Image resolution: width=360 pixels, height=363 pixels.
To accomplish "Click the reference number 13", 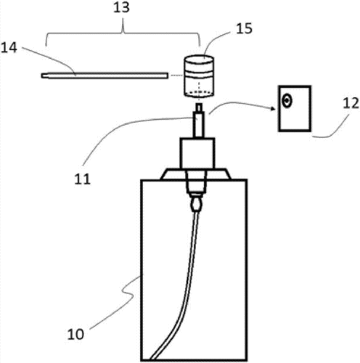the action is (122, 8).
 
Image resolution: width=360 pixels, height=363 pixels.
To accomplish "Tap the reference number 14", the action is (9, 48).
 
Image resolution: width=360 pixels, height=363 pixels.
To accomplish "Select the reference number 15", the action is (244, 28).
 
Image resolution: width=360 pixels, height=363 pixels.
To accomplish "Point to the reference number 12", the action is (351, 103).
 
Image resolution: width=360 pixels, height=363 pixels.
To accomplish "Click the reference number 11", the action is (82, 179).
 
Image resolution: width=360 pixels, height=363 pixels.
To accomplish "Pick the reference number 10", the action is (75, 335).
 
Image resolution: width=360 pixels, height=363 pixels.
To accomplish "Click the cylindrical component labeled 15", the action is (199, 76).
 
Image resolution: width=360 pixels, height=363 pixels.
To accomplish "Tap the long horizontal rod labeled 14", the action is (105, 76).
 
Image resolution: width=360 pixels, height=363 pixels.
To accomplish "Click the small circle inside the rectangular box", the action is (287, 101).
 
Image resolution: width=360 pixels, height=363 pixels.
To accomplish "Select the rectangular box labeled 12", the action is (295, 109).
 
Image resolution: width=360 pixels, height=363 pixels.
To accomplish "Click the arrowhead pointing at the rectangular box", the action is (273, 109).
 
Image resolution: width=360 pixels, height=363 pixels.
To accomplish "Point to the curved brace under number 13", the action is (123, 34).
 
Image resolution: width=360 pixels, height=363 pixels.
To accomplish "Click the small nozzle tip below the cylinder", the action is (199, 107).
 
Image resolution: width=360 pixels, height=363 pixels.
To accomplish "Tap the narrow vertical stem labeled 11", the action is (199, 124).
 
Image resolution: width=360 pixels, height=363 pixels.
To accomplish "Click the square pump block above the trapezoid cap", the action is (197, 153).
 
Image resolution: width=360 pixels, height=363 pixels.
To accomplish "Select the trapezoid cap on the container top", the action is (195, 174).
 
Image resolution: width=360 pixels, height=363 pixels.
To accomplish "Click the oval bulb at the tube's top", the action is (196, 205).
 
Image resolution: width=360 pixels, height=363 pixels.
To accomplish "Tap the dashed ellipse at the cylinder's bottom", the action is (199, 92).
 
